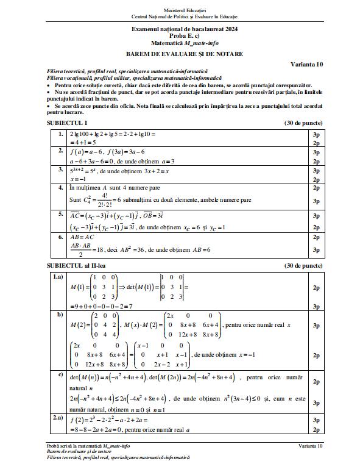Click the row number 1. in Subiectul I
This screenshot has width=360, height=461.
point(60,133)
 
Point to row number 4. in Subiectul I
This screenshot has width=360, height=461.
point(60,188)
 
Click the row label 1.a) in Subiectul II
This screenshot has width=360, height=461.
point(58,277)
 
